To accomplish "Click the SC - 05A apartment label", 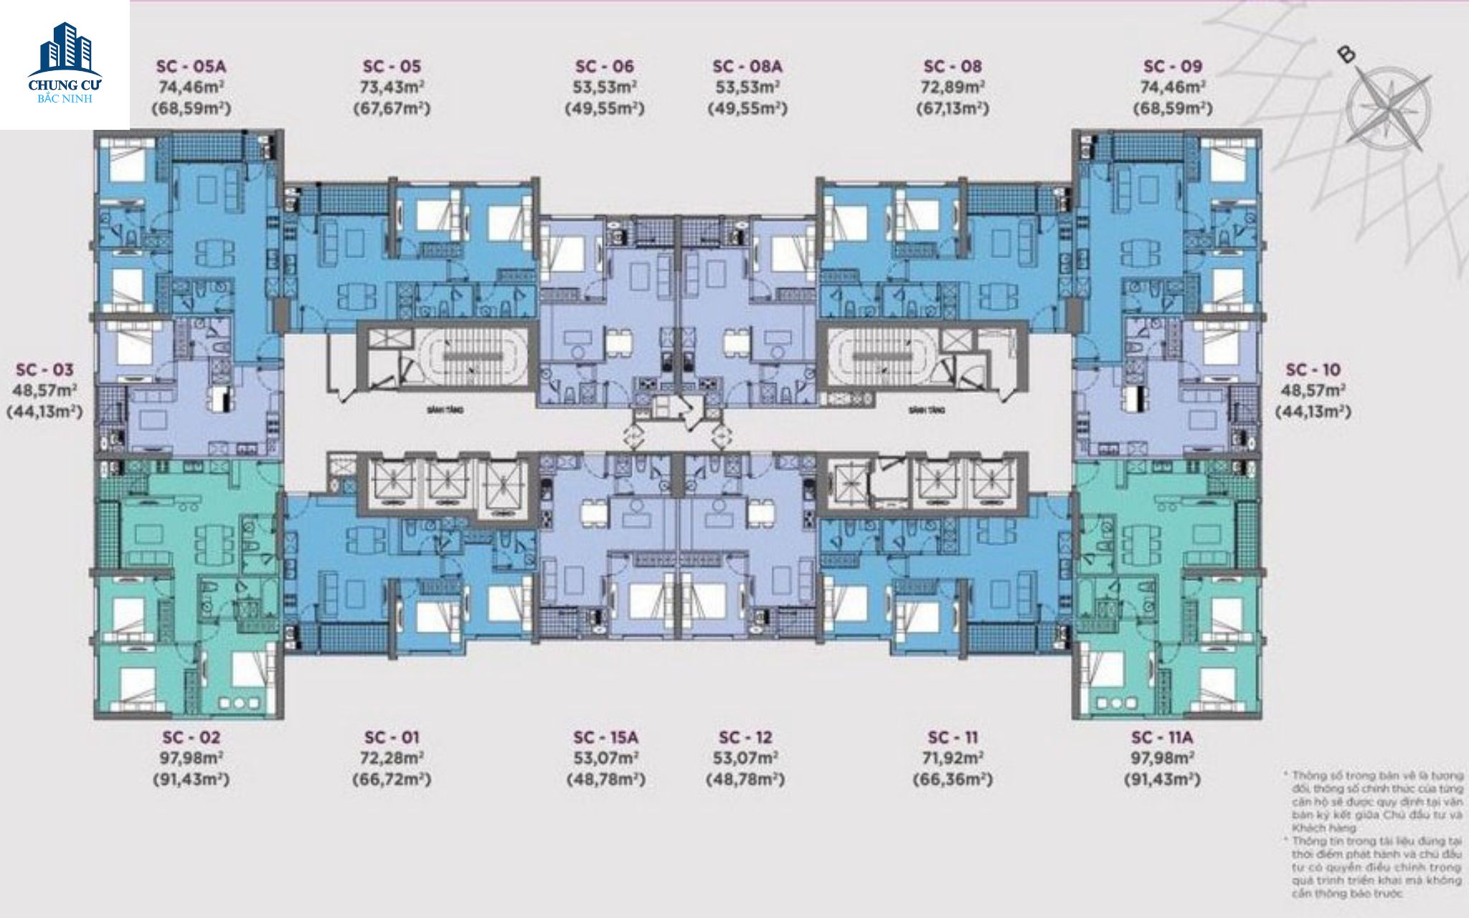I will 191,67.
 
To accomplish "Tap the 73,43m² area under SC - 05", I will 392,88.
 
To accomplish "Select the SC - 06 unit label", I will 605,67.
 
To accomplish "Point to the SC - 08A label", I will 747,67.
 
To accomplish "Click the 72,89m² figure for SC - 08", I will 953,88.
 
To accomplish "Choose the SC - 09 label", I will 1172,67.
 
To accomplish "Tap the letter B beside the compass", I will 1346,54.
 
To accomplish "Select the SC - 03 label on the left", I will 44,370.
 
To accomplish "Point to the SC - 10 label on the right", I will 1313,370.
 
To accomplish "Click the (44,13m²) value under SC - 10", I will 1313,412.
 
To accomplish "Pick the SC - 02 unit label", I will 191,737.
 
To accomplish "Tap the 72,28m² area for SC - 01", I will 392,758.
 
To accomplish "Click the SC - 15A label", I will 605,737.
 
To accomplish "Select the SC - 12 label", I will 745,737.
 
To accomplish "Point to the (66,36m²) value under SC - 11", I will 953,780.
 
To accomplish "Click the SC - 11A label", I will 1162,737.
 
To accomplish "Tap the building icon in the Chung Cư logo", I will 66,49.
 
